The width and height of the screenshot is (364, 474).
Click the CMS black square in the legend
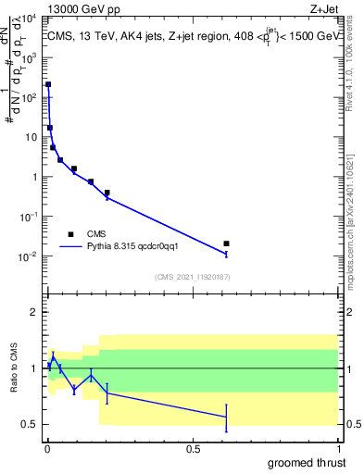(x=70, y=234)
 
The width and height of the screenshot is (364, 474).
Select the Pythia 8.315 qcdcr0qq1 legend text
(x=140, y=247)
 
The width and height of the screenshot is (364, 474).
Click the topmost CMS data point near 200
(x=48, y=84)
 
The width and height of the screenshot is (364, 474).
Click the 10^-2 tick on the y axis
(x=30, y=256)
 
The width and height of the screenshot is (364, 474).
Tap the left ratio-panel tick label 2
(x=35, y=312)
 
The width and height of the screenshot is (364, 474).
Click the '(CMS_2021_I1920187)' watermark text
(x=191, y=277)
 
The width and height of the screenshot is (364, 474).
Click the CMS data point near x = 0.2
(x=107, y=193)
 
